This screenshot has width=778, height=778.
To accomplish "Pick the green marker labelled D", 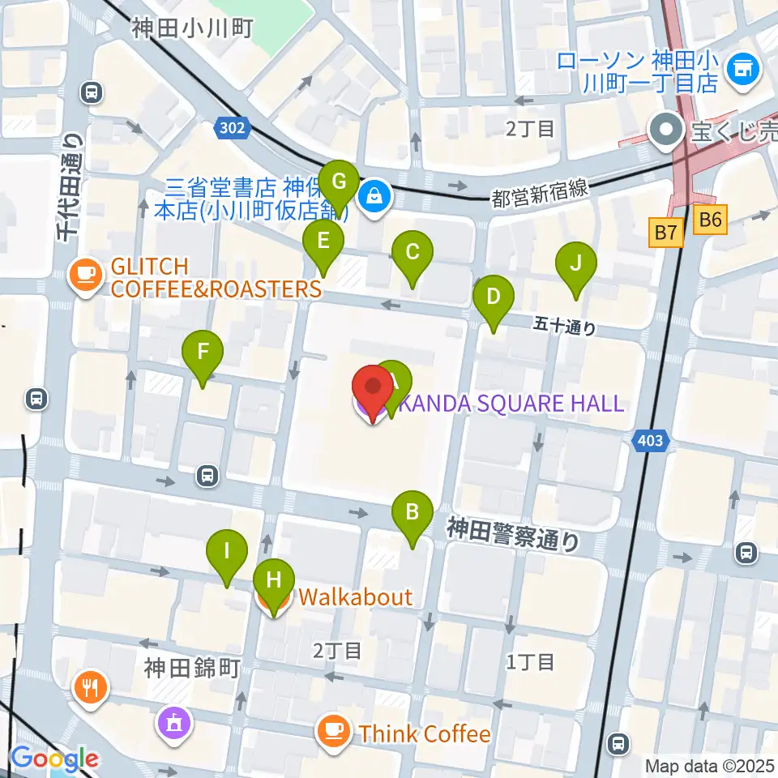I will (x=494, y=297).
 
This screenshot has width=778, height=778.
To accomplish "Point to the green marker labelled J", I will (x=576, y=264).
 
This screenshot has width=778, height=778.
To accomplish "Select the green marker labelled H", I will (x=274, y=582).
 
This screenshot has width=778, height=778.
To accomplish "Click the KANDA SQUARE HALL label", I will (x=510, y=403).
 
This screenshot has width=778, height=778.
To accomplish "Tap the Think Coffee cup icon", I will (x=333, y=732).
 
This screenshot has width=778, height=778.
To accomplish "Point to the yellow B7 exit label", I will (x=665, y=233).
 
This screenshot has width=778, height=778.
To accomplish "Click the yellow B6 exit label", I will (x=711, y=219).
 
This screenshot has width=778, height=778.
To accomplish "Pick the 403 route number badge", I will (x=650, y=441).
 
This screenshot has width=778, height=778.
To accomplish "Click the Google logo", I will (x=54, y=759).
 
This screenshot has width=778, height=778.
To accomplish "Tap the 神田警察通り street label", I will (x=514, y=536).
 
